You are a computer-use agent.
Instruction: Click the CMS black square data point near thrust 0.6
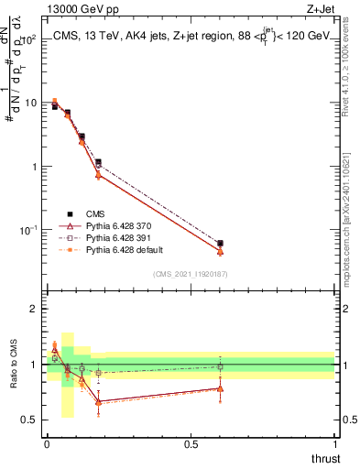tap(220, 244)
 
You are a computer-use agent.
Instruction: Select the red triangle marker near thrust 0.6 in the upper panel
tap(220, 251)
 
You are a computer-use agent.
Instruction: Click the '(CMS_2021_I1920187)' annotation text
tap(190, 274)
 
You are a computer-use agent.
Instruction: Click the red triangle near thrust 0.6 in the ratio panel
tap(220, 388)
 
